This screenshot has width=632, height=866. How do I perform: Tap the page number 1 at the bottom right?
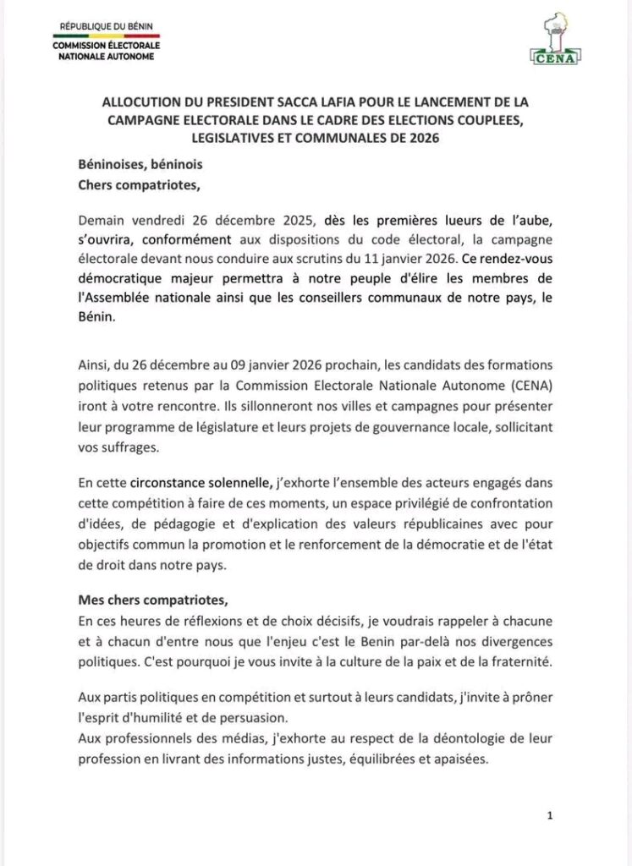(x=550, y=816)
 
